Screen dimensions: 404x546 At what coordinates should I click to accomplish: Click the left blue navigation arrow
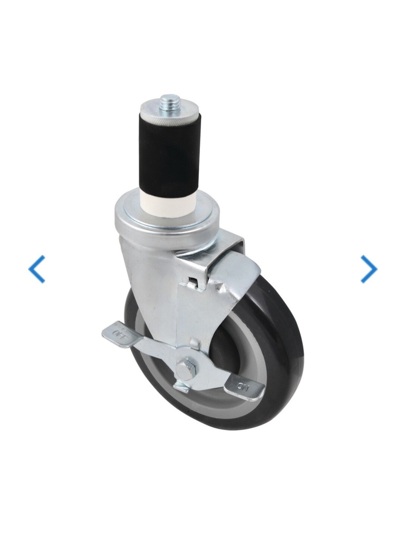pos(36,269)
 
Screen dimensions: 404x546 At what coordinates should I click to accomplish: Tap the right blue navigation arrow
pos(369,269)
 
